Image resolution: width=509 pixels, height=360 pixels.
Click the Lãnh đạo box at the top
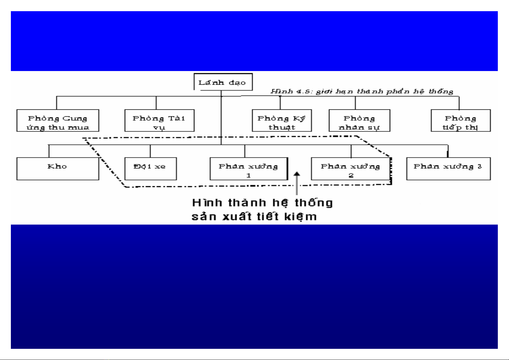point(223,82)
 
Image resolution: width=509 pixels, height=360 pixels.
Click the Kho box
point(57,169)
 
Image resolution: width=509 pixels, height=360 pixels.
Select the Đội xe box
point(150,169)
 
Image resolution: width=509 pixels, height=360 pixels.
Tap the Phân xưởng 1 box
point(248,169)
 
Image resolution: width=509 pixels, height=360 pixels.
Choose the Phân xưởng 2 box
point(350,169)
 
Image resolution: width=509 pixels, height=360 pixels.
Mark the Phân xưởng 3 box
point(448,169)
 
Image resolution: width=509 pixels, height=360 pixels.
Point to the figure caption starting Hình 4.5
point(362,91)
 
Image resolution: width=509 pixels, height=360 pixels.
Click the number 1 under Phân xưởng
point(249,175)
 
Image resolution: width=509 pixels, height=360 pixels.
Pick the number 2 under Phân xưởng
point(351,175)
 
